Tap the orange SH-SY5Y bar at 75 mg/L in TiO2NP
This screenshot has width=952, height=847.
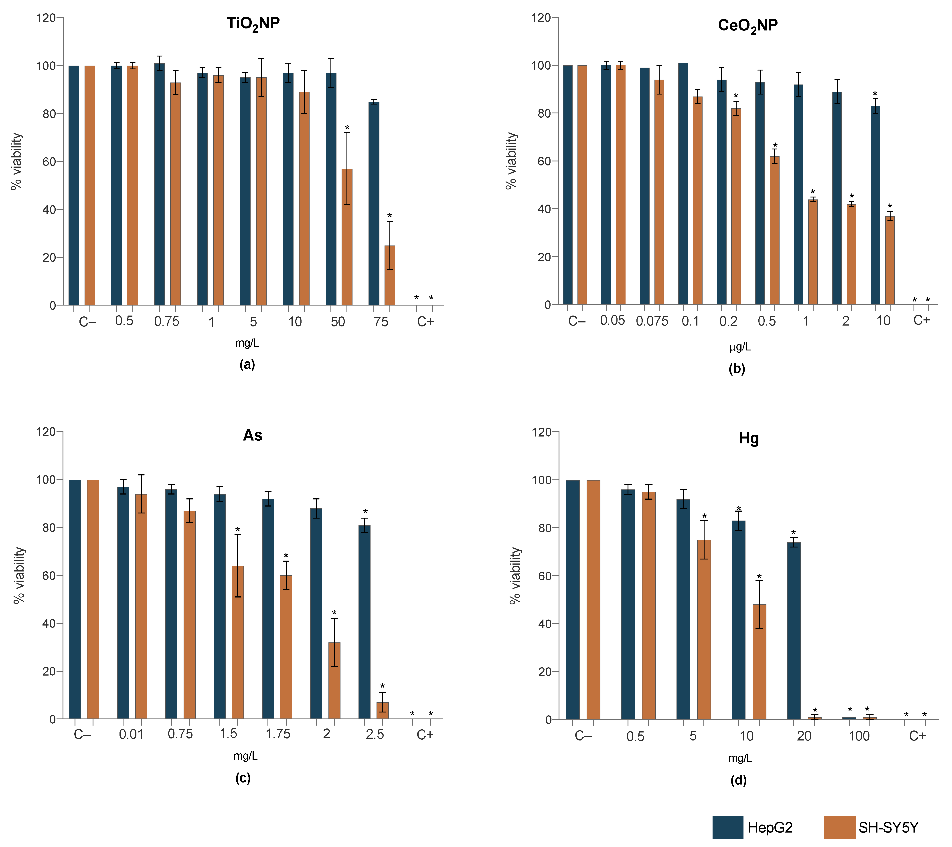click(x=390, y=275)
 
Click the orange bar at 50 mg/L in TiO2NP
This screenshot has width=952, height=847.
click(x=347, y=237)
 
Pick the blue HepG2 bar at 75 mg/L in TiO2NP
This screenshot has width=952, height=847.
click(x=374, y=203)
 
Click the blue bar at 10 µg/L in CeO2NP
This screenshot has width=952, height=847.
click(x=876, y=205)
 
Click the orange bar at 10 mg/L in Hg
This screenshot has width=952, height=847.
click(x=760, y=662)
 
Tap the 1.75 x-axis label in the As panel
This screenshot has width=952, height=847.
click(x=278, y=734)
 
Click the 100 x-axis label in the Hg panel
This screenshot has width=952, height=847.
click(x=859, y=736)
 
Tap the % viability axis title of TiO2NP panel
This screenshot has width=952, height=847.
click(x=17, y=161)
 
